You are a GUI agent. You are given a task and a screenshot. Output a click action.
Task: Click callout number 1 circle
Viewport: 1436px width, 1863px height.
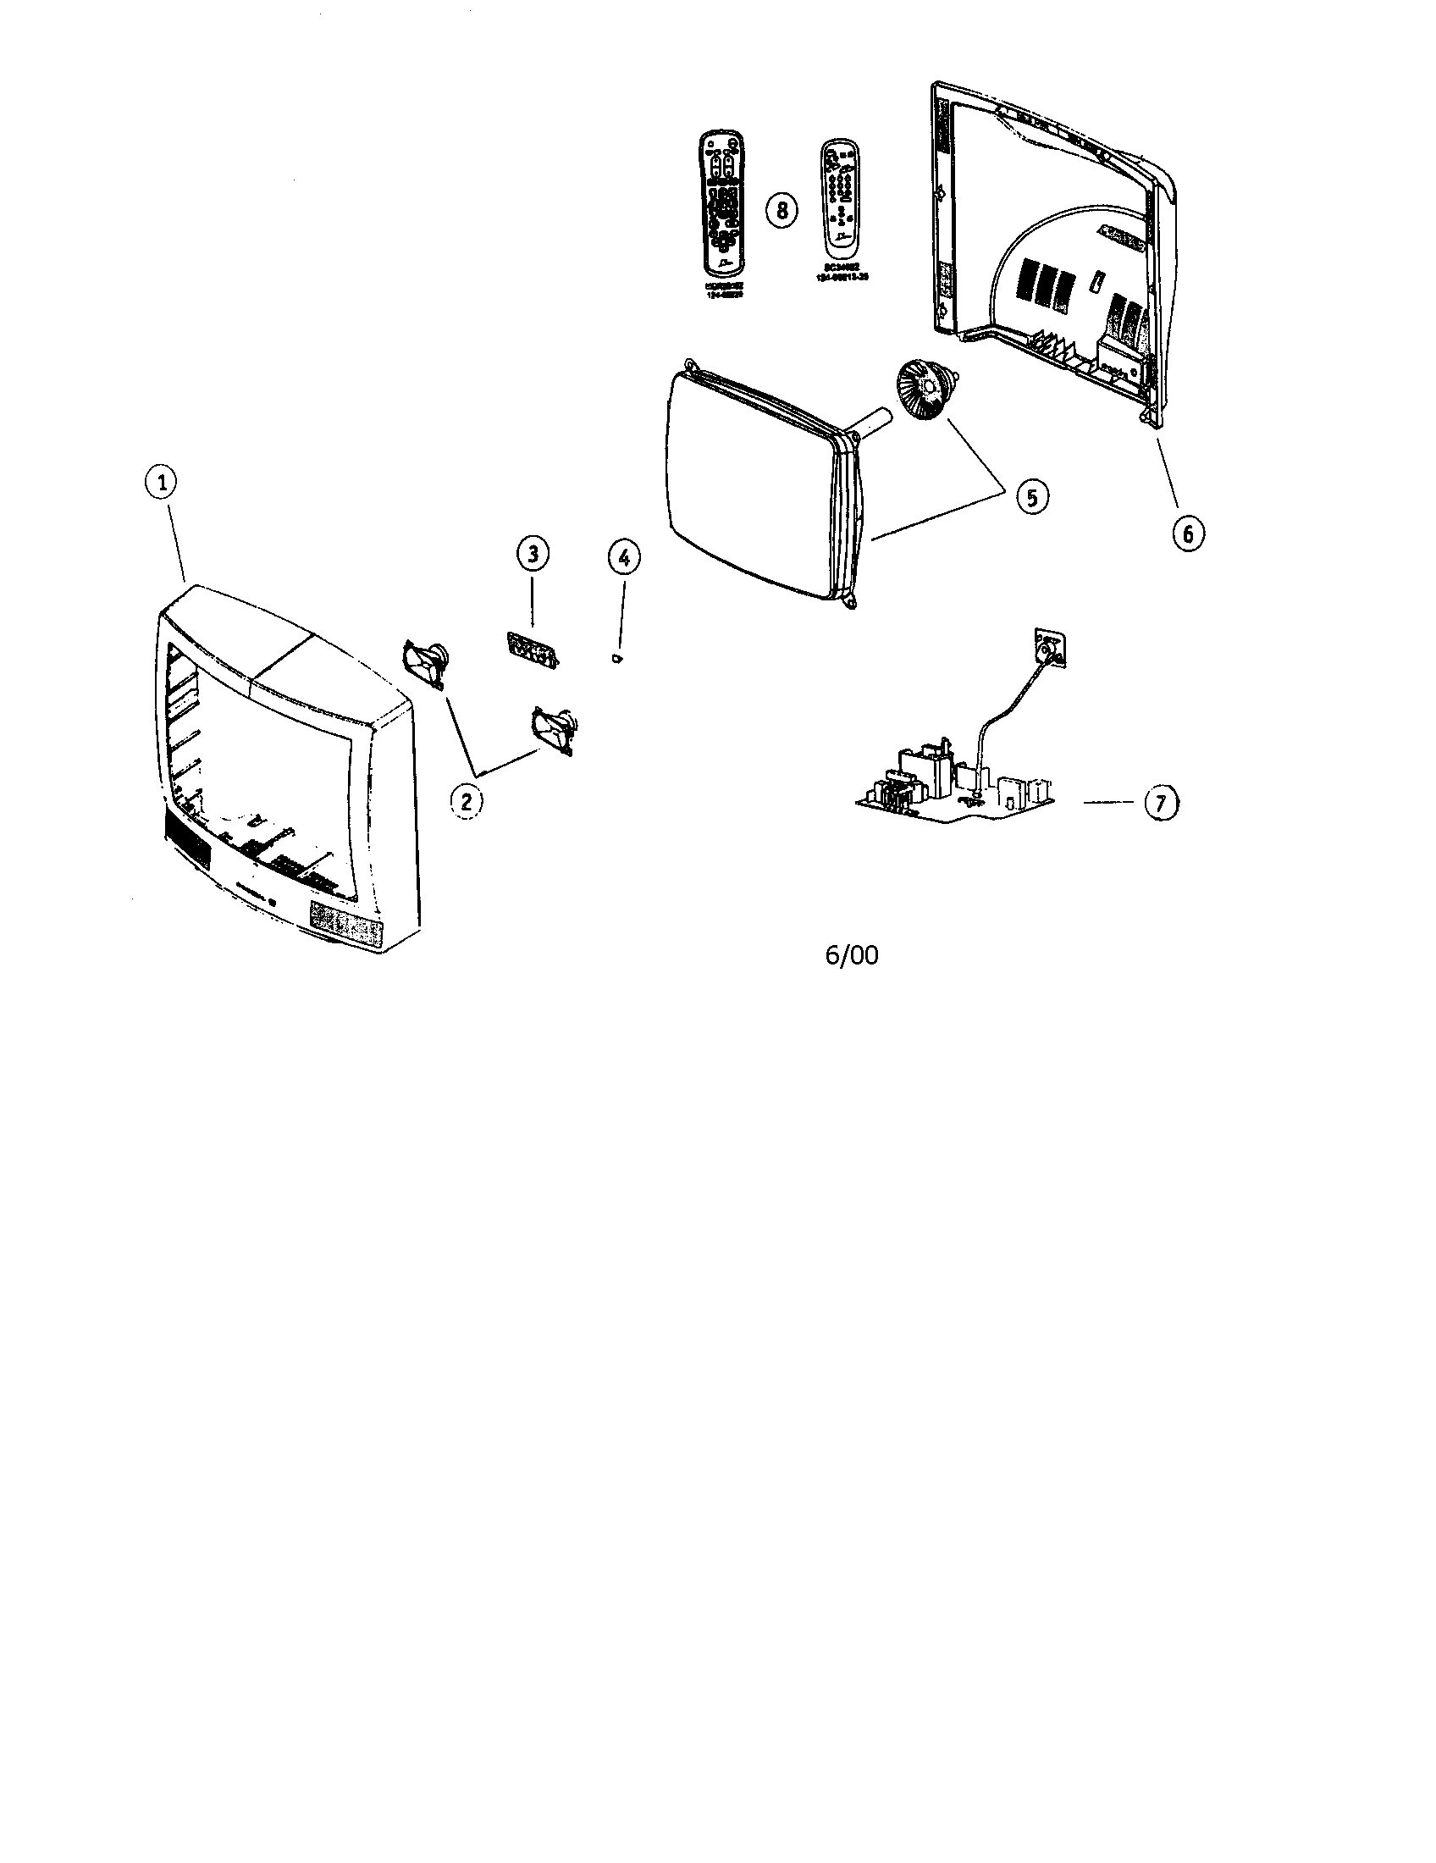(x=161, y=483)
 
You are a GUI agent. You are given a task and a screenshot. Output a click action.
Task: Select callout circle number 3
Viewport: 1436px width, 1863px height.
(x=532, y=554)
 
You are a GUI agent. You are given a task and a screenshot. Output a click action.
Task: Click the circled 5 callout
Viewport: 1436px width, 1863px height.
(x=1032, y=497)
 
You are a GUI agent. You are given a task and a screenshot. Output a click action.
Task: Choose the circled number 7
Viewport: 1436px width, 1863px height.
(x=1160, y=803)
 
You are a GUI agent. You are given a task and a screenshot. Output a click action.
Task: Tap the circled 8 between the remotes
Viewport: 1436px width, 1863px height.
(x=782, y=209)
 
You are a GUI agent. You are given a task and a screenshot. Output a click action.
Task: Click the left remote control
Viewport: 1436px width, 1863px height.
(x=721, y=202)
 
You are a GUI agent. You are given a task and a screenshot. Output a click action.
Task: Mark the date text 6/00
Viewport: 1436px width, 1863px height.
(x=851, y=954)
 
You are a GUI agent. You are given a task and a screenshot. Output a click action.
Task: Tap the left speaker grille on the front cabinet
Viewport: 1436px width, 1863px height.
(x=185, y=844)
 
